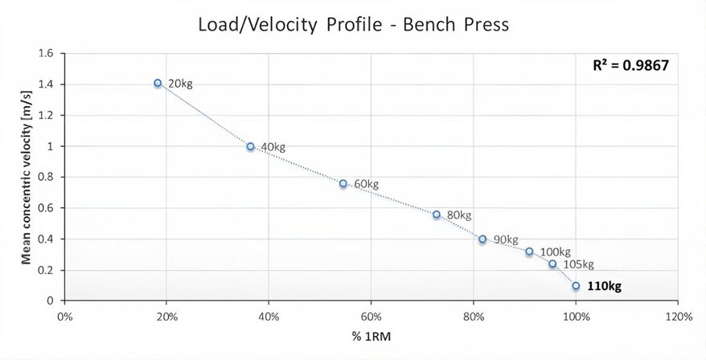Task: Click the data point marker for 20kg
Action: [x=158, y=83]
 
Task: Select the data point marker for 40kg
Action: [x=250, y=146]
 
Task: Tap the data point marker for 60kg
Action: [x=343, y=183]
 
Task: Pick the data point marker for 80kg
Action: [x=437, y=215]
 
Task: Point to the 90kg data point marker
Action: [x=482, y=239]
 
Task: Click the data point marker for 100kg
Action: [x=529, y=252]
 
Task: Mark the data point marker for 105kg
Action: [x=552, y=264]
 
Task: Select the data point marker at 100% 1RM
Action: [x=576, y=285]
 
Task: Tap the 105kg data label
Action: [x=577, y=264]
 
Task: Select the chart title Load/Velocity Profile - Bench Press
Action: [x=353, y=24]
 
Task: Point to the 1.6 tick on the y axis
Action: [x=46, y=54]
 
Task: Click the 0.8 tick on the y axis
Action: [x=46, y=178]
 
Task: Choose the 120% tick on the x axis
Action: [x=678, y=315]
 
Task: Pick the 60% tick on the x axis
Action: [x=371, y=315]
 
